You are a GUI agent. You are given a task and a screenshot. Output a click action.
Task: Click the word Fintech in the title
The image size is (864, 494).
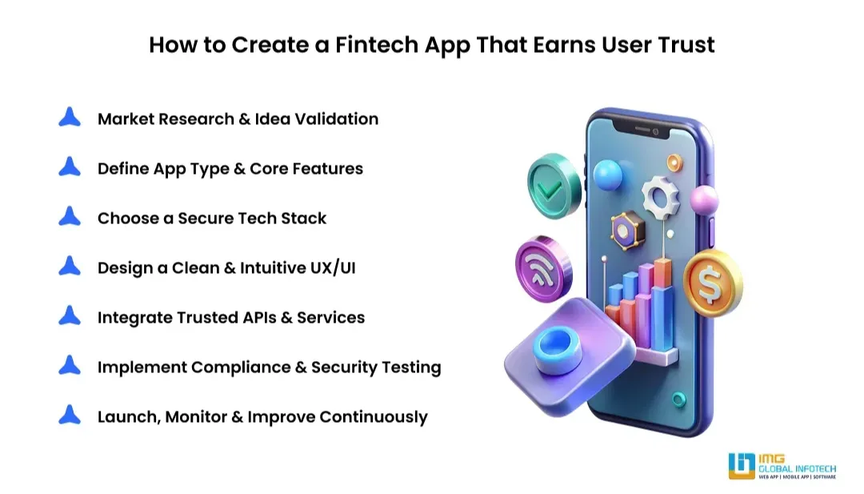click(377, 45)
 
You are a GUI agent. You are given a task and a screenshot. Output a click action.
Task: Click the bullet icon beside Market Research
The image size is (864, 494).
click(70, 117)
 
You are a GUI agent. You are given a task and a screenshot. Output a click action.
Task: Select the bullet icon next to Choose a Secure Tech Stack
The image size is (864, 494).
click(70, 216)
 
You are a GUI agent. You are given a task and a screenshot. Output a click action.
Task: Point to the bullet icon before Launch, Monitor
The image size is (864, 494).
click(70, 415)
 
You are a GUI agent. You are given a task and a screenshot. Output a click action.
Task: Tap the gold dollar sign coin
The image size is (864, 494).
click(713, 283)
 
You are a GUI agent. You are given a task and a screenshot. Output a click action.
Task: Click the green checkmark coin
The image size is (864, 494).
click(554, 187)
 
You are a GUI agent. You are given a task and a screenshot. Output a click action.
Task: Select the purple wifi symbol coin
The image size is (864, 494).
click(543, 269)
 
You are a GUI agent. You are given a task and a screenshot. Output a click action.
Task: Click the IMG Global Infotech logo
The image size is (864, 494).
click(782, 466)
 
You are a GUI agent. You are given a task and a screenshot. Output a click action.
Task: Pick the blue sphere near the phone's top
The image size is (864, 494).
click(608, 175)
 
